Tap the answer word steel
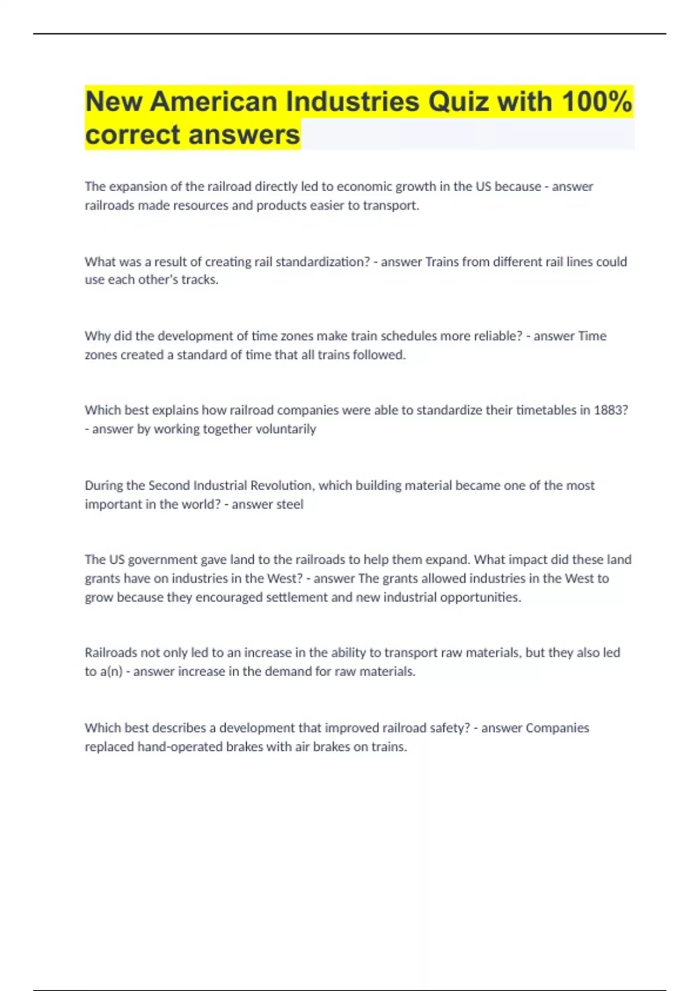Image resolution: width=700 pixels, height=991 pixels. (289, 504)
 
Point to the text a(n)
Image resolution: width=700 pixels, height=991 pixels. (111, 672)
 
